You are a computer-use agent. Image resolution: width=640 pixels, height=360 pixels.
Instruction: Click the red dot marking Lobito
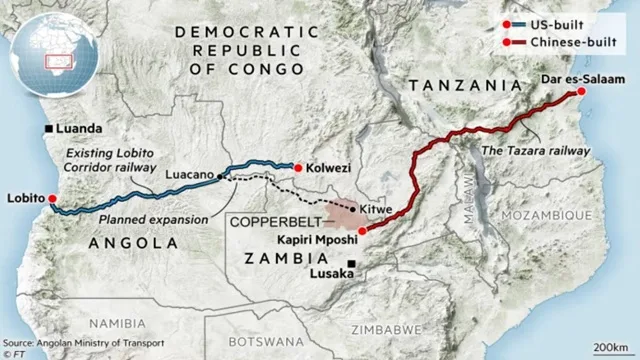click(x=51, y=198)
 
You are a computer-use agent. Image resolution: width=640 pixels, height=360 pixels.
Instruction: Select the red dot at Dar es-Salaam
click(x=582, y=92)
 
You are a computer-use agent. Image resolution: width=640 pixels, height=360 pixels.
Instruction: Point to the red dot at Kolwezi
click(x=296, y=166)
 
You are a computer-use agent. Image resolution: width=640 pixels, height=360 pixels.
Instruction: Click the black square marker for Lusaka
click(x=351, y=265)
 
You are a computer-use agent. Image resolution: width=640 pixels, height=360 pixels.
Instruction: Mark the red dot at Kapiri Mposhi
click(x=361, y=231)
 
